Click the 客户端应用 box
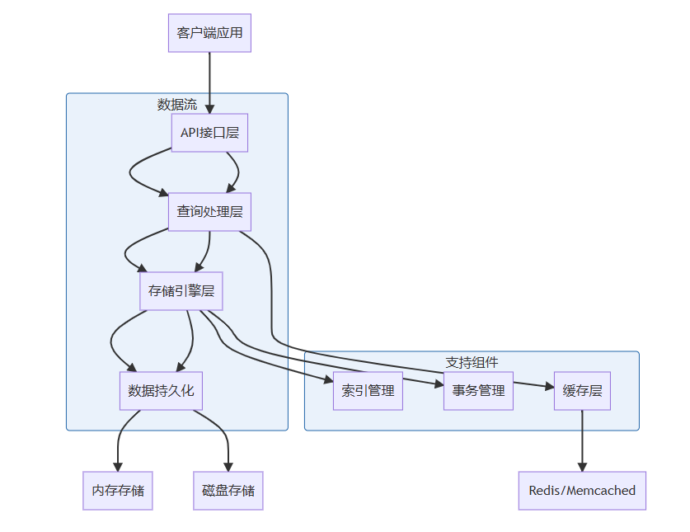click(x=209, y=33)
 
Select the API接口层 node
click(x=209, y=133)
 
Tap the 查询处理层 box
click(x=209, y=212)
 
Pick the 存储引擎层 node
click(x=181, y=290)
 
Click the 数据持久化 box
click(x=161, y=390)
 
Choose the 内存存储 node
click(x=118, y=491)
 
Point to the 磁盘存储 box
click(x=228, y=491)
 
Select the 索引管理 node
click(x=368, y=390)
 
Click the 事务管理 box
click(x=478, y=390)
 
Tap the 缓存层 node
click(x=582, y=390)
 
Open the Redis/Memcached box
click(x=582, y=491)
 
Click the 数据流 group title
click(x=177, y=105)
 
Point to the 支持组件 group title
click(x=472, y=362)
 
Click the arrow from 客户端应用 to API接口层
click(x=209, y=82)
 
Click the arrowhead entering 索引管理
click(x=327, y=379)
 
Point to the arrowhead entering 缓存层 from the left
click(x=549, y=386)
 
